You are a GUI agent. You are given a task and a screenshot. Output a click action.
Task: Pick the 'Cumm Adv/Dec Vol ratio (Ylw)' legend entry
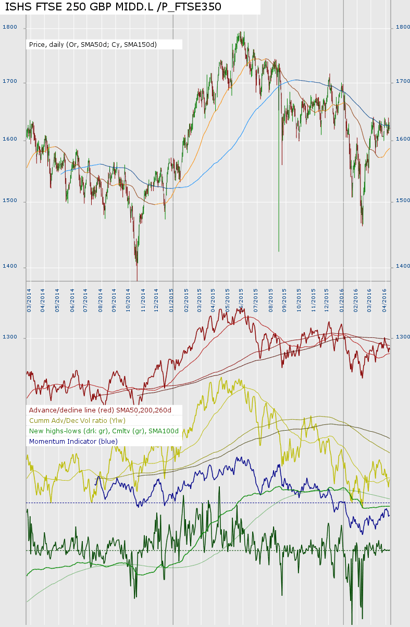(x=77, y=421)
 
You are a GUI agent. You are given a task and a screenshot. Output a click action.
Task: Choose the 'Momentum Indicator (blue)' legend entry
(x=73, y=442)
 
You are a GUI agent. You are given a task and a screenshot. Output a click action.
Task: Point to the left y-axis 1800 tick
(x=10, y=27)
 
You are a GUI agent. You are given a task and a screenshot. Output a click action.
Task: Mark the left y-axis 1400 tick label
(x=10, y=267)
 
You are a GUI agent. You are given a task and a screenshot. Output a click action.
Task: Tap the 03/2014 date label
(x=29, y=301)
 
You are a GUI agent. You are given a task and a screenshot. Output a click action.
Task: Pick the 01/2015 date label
(x=171, y=301)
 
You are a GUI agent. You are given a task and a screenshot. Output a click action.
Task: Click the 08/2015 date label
(x=271, y=301)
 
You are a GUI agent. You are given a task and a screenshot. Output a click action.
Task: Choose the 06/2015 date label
(x=242, y=301)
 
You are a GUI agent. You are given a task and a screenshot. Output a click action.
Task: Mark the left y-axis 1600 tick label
(x=10, y=139)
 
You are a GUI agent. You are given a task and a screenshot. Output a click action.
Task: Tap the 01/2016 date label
(x=342, y=301)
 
